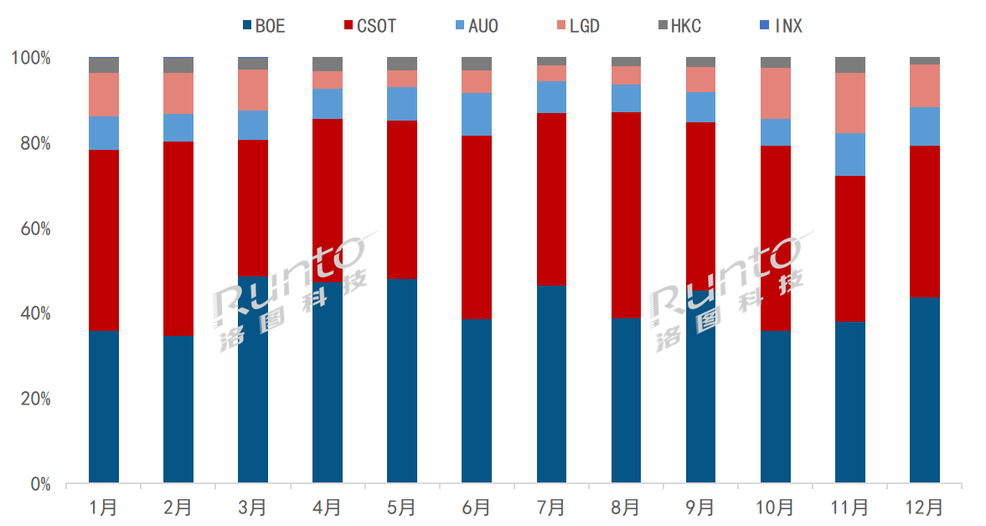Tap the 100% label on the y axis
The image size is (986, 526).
31,58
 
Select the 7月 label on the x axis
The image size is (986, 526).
551,507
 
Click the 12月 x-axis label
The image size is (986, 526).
925,507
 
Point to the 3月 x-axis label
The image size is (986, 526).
252,507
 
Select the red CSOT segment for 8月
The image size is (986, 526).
626,214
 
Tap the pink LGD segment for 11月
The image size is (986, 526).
850,103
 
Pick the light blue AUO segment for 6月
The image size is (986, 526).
477,114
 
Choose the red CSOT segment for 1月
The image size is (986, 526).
103,240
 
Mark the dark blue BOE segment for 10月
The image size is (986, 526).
776,407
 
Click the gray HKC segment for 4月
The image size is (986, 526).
328,64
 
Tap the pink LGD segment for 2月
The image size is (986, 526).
178,93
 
